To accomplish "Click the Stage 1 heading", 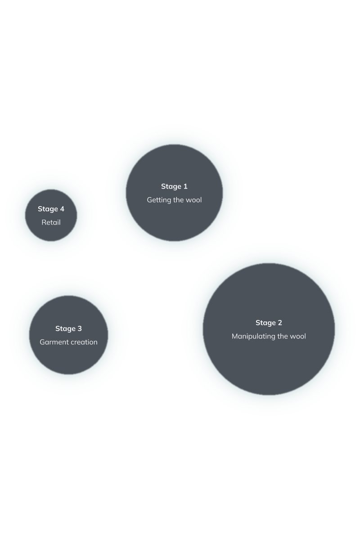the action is [x=174, y=187].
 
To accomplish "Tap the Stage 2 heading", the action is [x=269, y=323].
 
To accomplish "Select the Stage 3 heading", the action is [x=68, y=329].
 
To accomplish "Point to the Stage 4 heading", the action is [x=51, y=209].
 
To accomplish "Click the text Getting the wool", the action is [x=174, y=200].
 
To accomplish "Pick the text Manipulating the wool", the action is [x=269, y=336].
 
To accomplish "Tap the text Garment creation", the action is [x=68, y=342].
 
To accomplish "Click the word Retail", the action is [x=51, y=222].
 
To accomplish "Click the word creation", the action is [x=83, y=342].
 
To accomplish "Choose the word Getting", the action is [x=157, y=200].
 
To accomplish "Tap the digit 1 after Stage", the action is [x=185, y=186].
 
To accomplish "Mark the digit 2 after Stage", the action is [x=280, y=323].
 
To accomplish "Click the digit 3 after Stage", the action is [x=80, y=328].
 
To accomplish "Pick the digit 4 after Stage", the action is [x=62, y=209].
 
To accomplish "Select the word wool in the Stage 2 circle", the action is [x=298, y=336].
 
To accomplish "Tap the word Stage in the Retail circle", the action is [x=48, y=209].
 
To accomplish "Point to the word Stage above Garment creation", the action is [x=65, y=329].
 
